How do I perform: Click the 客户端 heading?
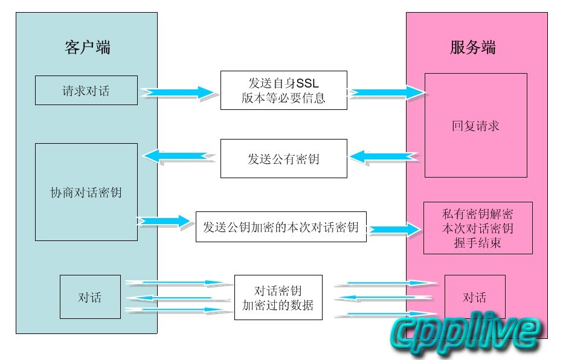pos(87,48)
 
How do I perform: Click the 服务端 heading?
pos(473,48)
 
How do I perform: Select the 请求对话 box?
pos(86,91)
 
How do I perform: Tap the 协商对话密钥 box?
pos(86,192)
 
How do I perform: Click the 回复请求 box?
pos(475,126)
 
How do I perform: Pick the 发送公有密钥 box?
pos(283,159)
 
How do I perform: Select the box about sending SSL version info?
pos(283,91)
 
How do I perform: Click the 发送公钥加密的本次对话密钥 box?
pos(281,227)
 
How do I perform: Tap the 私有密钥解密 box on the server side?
pos(478,228)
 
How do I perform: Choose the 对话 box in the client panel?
pos(90,297)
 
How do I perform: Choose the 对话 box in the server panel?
pos(475,297)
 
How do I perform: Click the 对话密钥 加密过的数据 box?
pos(278,297)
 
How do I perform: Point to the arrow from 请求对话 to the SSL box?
pos(178,92)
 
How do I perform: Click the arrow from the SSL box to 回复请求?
pos(387,92)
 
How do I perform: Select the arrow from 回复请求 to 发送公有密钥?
pos(385,157)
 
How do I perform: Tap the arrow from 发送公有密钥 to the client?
pos(178,156)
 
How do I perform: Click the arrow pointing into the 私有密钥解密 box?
pos(395,230)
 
